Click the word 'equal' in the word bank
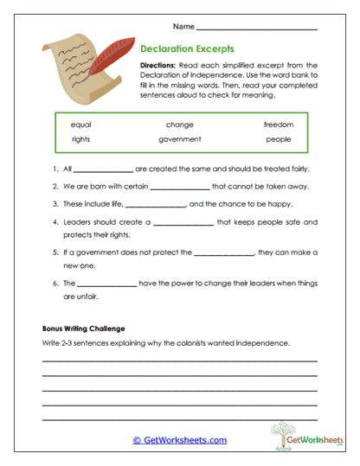pyautogui.click(x=81, y=125)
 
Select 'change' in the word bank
pyautogui.click(x=180, y=125)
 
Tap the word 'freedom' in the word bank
pyautogui.click(x=278, y=125)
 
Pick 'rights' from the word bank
pyautogui.click(x=81, y=139)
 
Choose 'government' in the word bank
pyautogui.click(x=180, y=139)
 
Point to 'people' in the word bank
pyautogui.click(x=278, y=139)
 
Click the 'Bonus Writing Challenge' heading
pyautogui.click(x=84, y=329)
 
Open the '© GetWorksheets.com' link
pyautogui.click(x=179, y=440)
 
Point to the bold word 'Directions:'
pyautogui.click(x=162, y=67)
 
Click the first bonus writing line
pyautogui.click(x=179, y=361)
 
